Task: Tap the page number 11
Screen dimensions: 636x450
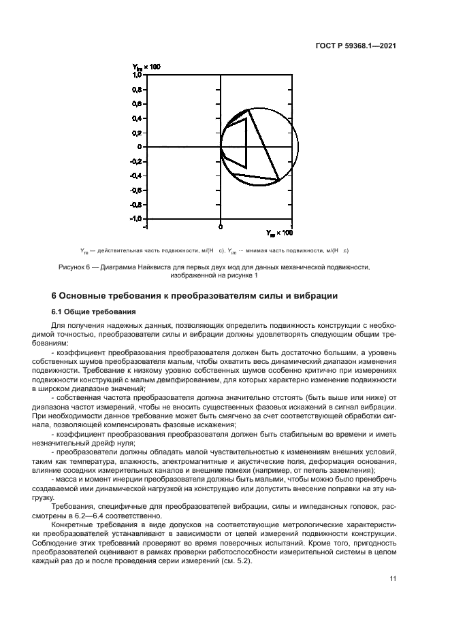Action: (392, 578)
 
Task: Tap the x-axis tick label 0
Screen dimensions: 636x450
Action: (220, 225)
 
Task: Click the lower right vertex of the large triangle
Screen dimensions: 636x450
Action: (279, 180)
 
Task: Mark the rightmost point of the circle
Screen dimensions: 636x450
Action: (298, 146)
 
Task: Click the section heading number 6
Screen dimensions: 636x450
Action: (55, 296)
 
